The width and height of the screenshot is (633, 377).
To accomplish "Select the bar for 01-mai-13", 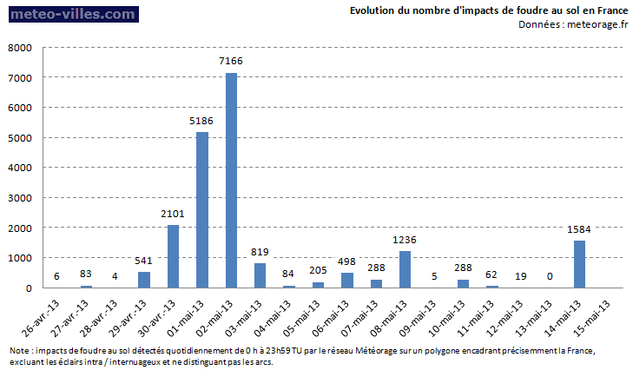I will pos(202,209).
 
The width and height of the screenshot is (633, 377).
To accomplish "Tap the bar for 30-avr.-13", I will pos(173,256).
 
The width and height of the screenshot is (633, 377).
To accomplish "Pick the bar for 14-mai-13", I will pos(579,264).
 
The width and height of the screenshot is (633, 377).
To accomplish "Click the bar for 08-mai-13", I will pos(405,269).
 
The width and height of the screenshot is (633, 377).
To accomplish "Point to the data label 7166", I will pos(231,61).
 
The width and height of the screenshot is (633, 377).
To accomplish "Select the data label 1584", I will pos(579,228).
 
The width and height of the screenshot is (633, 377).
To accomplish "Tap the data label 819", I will pos(260,251).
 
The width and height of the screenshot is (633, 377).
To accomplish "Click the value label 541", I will pos(144,260).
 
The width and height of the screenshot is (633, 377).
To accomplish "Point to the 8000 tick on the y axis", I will pos(19,48).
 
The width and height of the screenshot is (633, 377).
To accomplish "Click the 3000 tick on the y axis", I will pos(19,198).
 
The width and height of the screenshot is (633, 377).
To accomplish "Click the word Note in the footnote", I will pos(19,350).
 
